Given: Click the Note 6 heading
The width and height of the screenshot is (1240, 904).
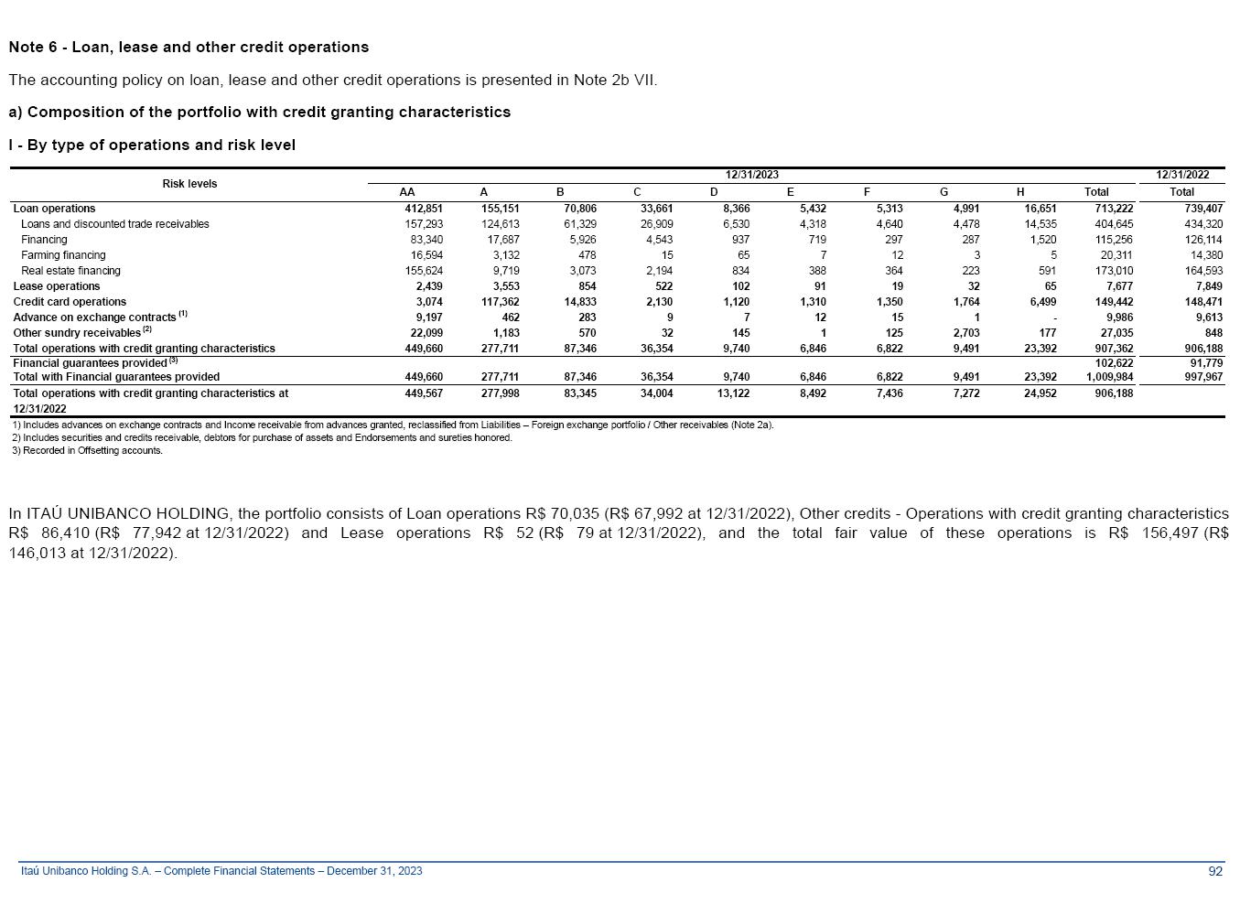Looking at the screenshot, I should tap(189, 48).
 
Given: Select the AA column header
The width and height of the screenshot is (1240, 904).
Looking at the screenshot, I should tap(407, 192).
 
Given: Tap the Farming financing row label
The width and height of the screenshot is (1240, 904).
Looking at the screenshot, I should tap(63, 255).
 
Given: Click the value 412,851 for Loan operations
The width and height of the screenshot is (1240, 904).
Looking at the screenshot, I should tap(424, 209).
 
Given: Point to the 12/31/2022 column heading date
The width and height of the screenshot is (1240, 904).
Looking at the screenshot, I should tap(1182, 175).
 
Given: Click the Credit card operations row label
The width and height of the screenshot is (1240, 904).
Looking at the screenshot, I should tap(70, 302).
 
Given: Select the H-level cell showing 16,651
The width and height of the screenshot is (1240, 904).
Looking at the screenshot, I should tap(1041, 209).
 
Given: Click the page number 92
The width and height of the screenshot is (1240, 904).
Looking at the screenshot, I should tap(1215, 871).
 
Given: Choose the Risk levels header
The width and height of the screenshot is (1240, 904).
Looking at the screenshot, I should tap(189, 184).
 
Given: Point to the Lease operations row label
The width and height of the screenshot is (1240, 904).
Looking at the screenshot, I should tap(57, 286).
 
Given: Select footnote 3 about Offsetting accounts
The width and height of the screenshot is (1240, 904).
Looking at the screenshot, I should tap(88, 450).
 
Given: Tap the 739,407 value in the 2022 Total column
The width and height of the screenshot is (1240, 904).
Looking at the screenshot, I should tap(1203, 209).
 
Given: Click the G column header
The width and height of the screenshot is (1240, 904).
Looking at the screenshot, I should tap(943, 192).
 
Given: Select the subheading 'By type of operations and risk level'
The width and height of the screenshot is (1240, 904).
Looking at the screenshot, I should tap(152, 145).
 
